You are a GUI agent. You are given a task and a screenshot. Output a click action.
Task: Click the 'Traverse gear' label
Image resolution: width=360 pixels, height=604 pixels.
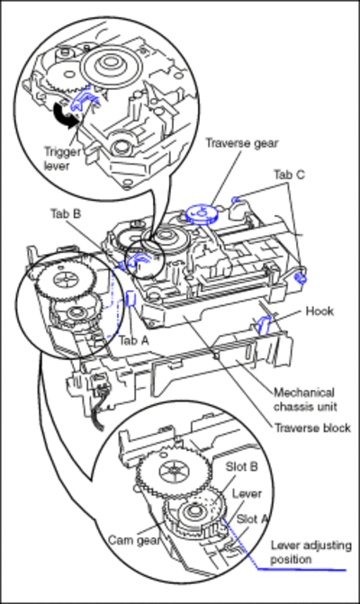pos(241,143)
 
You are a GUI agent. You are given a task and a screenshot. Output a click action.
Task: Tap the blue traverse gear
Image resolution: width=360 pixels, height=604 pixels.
pos(202,214)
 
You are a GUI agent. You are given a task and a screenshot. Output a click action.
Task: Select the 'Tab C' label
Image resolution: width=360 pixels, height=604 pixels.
pos(289,175)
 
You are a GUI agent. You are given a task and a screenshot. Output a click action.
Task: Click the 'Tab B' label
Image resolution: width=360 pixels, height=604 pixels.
pos(66,213)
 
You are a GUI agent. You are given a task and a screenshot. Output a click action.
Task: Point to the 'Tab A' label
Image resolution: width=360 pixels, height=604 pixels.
pos(133,340)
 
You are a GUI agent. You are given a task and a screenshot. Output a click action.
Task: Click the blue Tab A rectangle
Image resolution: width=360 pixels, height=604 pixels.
pos(130,299)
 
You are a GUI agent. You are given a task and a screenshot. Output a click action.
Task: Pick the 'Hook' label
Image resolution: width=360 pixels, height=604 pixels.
pos(319,311)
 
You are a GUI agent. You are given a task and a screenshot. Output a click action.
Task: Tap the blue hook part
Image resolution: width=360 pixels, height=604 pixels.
pos(264,324)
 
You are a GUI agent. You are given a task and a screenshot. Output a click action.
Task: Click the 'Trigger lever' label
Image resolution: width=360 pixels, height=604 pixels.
pos(61,158)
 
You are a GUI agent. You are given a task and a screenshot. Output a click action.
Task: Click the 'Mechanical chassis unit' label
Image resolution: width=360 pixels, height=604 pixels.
pos(305,400)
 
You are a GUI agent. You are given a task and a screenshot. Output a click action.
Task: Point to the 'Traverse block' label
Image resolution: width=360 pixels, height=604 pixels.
pos(312,428)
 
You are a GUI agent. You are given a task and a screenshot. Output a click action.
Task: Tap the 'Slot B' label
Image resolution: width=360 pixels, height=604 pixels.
pos(241,467)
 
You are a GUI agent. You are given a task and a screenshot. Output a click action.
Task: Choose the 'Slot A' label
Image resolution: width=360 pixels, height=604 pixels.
pos(251,518)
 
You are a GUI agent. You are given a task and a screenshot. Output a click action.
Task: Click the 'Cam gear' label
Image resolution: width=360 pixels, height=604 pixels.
pos(133,540)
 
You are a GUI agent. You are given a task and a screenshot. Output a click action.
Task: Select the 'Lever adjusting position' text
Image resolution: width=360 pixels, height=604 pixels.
pos(310,552)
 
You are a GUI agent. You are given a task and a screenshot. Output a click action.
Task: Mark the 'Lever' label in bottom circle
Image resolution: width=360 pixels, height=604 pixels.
pos(247,493)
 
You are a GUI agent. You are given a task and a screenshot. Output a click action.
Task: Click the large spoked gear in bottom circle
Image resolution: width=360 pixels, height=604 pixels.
pos(174,471)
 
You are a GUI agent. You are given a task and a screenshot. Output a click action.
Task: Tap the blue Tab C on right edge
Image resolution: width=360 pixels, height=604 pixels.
pos(301,278)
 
